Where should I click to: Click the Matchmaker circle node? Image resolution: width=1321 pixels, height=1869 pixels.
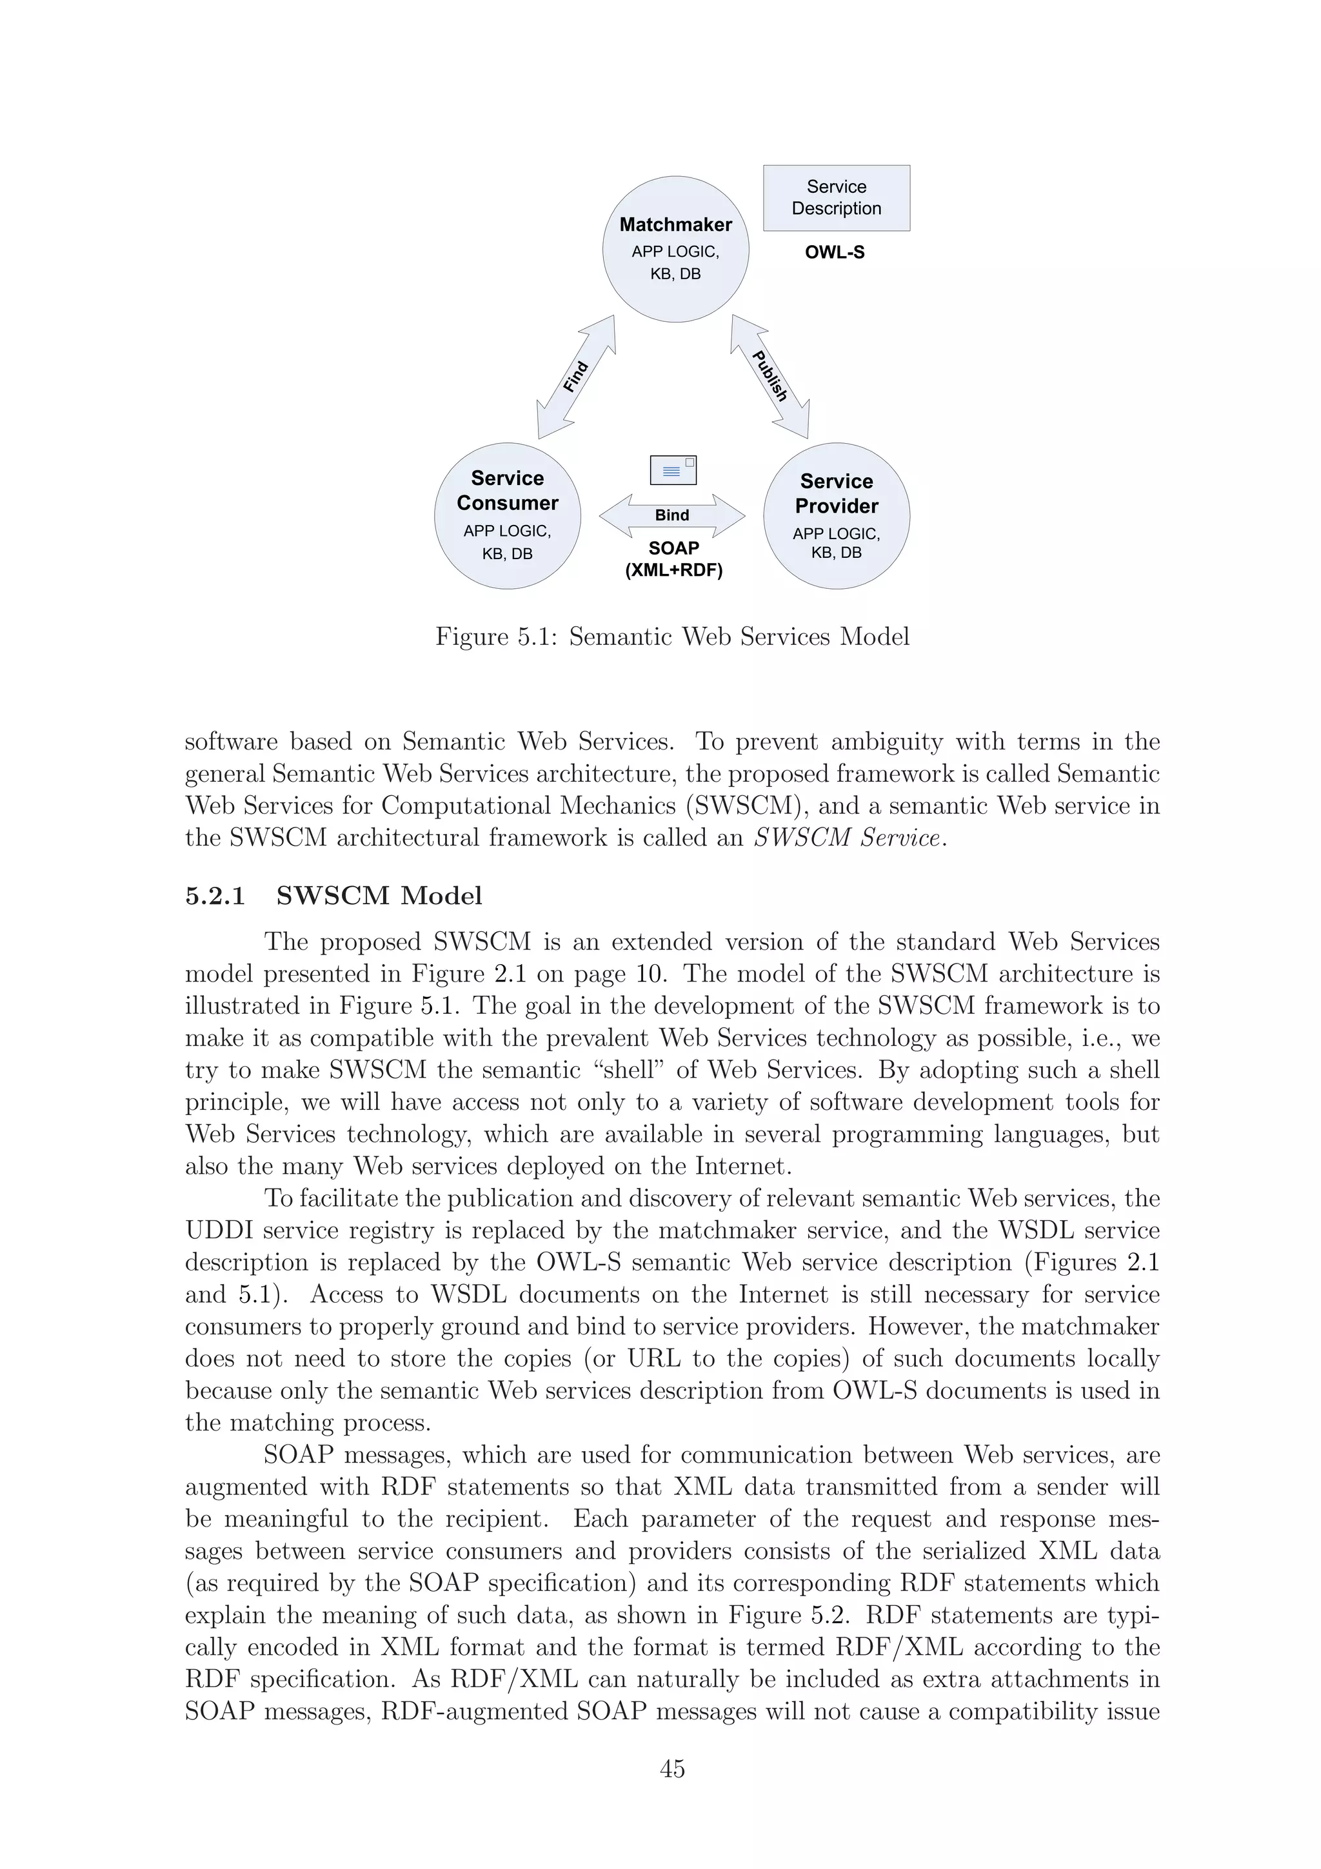[675, 248]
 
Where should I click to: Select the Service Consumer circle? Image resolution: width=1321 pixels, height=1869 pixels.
[507, 515]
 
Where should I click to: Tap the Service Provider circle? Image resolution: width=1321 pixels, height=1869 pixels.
[836, 515]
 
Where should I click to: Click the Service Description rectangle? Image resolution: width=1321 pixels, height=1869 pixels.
[836, 198]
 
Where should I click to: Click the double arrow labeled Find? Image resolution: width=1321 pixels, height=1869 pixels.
[575, 377]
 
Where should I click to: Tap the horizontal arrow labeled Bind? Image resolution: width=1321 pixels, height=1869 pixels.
[671, 515]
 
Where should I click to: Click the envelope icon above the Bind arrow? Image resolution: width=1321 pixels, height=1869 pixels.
[673, 470]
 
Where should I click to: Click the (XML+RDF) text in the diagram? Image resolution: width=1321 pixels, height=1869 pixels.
[673, 571]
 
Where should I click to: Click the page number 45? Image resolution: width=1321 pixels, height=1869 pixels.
[672, 1769]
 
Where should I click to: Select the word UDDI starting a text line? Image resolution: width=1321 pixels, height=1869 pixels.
[217, 1230]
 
